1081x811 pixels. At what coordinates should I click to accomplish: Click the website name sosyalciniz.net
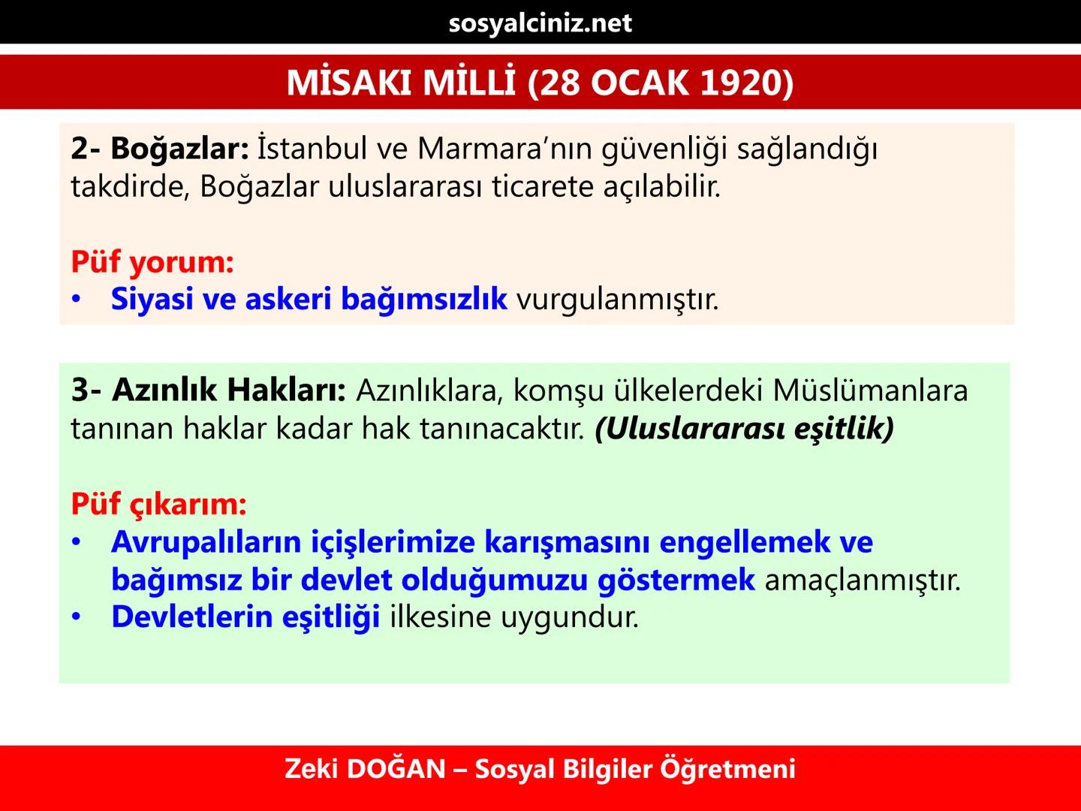click(x=540, y=23)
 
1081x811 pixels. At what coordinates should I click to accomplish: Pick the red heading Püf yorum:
click(x=152, y=261)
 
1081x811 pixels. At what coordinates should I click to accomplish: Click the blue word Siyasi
click(x=152, y=299)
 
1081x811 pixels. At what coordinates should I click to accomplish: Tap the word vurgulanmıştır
click(x=617, y=299)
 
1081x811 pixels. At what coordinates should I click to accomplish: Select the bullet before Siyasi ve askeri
click(x=76, y=299)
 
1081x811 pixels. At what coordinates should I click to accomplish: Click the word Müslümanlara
click(x=871, y=390)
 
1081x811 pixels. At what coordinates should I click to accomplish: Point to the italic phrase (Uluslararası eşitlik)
click(x=744, y=428)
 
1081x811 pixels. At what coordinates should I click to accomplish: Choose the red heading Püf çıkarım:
click(x=158, y=503)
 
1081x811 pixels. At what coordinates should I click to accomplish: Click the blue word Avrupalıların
click(x=206, y=541)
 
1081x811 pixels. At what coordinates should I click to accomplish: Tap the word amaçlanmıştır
click(x=863, y=579)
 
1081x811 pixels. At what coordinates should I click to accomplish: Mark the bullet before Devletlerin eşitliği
click(x=76, y=617)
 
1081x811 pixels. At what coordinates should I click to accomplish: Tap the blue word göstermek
click(x=676, y=579)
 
